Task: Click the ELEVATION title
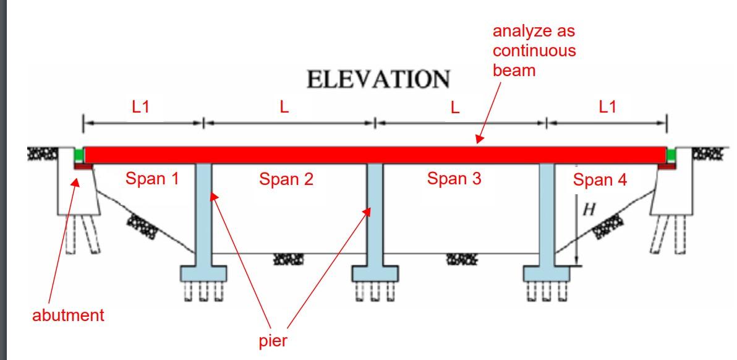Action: [378, 80]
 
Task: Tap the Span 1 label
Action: [152, 179]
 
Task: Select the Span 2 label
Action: [286, 180]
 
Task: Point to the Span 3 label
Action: [454, 179]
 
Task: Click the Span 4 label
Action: [600, 181]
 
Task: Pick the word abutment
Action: [68, 315]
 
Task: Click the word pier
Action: [273, 341]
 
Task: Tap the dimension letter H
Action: [589, 210]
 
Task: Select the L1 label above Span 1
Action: [141, 107]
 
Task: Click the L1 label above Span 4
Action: [607, 107]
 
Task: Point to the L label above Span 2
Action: [284, 107]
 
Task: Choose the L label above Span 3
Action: [455, 108]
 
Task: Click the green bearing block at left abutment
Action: [79, 154]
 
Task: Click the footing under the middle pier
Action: [374, 272]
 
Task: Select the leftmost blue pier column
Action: [203, 213]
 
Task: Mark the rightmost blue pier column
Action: [546, 213]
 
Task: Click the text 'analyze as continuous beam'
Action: [534, 51]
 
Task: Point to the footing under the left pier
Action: [203, 272]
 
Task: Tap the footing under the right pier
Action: [546, 272]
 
